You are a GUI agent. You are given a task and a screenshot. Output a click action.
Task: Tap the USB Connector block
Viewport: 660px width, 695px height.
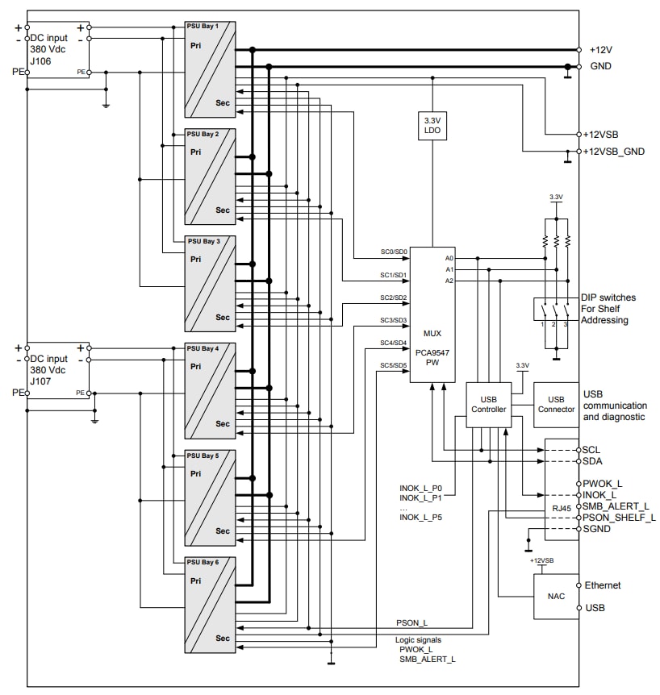click(556, 404)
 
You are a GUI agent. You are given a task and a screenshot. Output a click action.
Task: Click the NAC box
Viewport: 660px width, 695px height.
click(556, 597)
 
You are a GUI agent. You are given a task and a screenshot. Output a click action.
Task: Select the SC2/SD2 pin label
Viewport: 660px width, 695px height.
click(394, 298)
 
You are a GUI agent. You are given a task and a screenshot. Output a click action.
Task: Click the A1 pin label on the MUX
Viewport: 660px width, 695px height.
click(449, 269)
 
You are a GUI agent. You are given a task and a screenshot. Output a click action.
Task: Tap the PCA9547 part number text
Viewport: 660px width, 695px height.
click(432, 353)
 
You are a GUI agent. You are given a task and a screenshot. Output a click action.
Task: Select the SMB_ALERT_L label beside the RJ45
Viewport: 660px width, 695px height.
click(616, 506)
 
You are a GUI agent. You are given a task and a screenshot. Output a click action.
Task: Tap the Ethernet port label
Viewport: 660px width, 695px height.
click(602, 585)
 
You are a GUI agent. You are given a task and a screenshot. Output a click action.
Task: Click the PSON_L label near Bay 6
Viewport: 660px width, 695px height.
click(411, 623)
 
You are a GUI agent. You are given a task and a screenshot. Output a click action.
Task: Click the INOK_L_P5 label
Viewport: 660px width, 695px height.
click(421, 517)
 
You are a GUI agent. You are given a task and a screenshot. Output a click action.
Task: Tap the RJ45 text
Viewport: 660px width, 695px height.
click(562, 508)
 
